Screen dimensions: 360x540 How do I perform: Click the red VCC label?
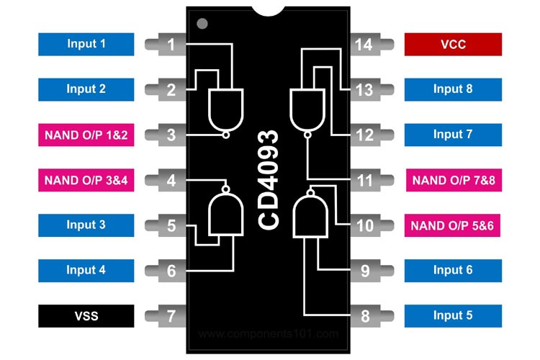tap(453, 45)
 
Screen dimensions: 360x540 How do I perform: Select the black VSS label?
tap(86, 315)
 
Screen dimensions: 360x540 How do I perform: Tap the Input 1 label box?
tap(86, 45)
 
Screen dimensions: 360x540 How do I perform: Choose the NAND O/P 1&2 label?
tap(86, 135)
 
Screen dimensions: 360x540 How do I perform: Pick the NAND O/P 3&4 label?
tap(86, 179)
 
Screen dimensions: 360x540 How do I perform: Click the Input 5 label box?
tap(453, 315)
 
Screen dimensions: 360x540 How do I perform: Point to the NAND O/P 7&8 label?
tap(453, 180)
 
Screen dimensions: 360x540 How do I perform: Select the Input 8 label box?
tap(453, 89)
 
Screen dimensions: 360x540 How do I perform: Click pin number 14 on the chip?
tap(364, 45)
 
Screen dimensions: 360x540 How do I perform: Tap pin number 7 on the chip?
tap(171, 315)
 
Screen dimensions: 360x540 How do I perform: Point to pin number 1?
tap(171, 45)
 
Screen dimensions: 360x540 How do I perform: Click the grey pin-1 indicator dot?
tap(202, 24)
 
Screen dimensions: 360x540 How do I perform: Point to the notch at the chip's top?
tap(269, 11)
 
